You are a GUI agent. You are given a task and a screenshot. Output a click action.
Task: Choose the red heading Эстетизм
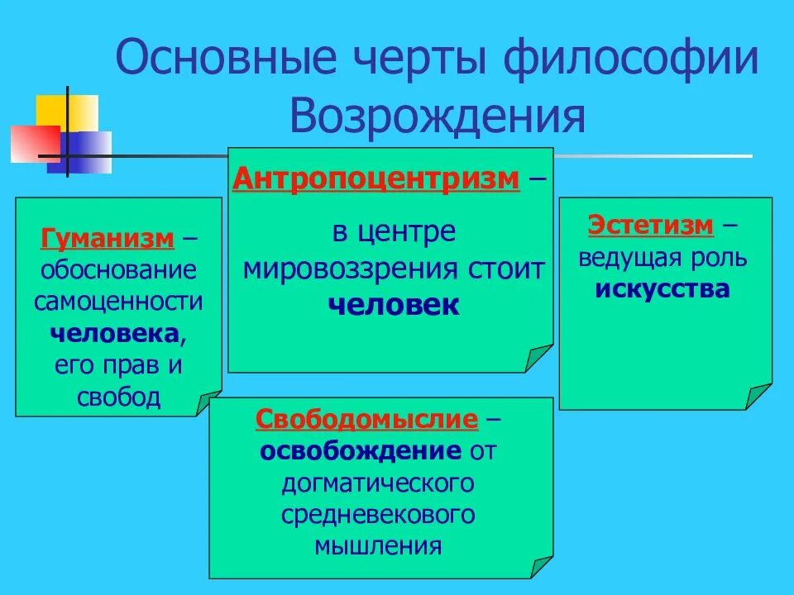(x=650, y=225)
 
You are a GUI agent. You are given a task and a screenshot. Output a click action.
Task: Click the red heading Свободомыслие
(x=367, y=420)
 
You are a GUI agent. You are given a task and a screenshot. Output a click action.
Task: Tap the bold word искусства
(x=662, y=289)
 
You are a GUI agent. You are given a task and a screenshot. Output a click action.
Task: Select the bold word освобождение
(x=361, y=451)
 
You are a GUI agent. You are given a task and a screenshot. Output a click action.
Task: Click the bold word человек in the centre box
(x=394, y=304)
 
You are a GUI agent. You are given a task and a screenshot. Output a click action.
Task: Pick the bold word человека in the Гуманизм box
(x=114, y=333)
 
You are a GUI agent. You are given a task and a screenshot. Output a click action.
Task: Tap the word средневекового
(x=378, y=514)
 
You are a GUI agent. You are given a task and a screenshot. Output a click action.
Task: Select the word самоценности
(x=118, y=302)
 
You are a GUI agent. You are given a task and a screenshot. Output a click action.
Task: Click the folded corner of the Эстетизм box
(x=759, y=396)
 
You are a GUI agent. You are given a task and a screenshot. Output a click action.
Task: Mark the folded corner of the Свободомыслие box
(x=541, y=566)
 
